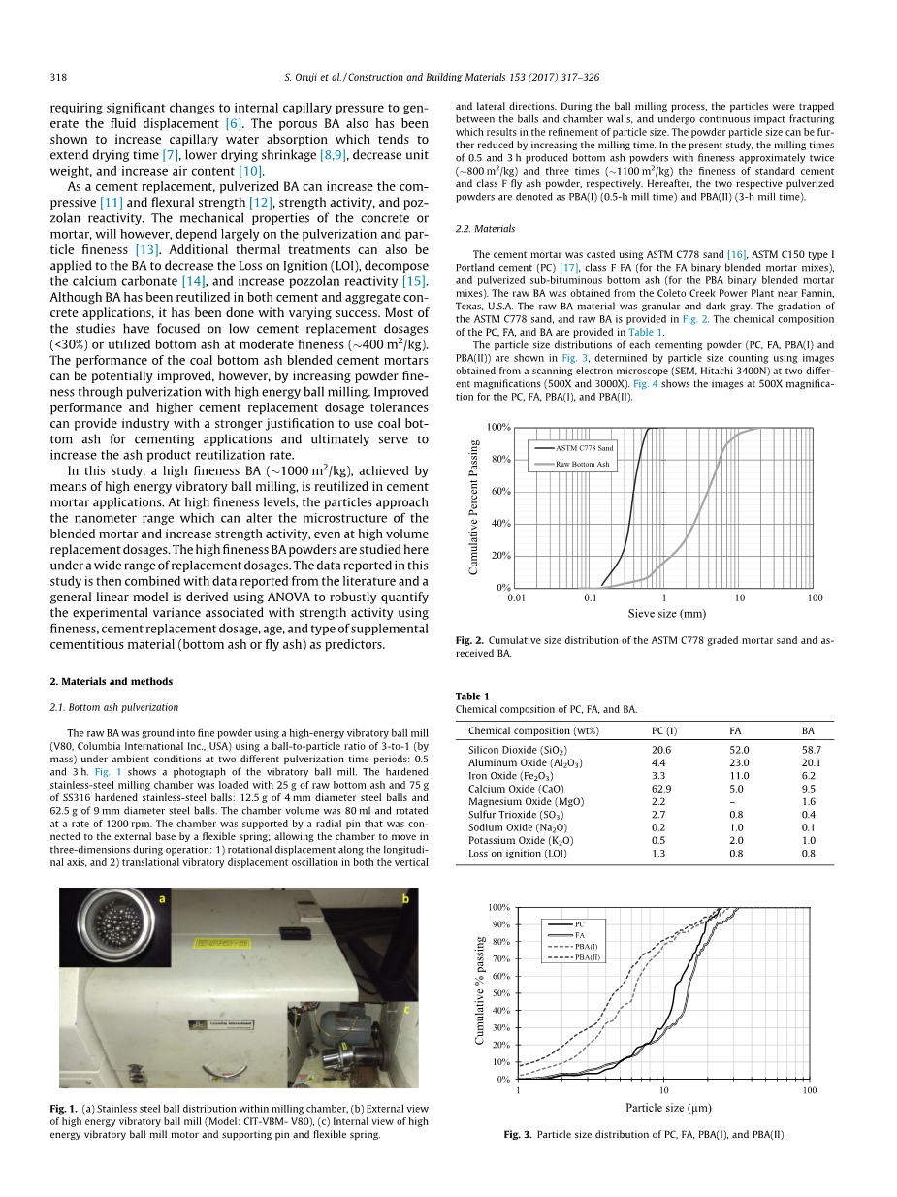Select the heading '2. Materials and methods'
(x=111, y=681)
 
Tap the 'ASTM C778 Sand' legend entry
(x=584, y=448)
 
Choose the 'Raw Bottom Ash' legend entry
(x=582, y=465)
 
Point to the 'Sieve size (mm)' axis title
(x=666, y=614)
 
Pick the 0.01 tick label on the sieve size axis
(x=516, y=598)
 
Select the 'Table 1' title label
(x=472, y=696)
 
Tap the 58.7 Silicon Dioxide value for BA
(x=811, y=750)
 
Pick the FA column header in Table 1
(x=736, y=730)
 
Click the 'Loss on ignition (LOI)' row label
(x=516, y=854)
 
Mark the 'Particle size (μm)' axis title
(x=668, y=1108)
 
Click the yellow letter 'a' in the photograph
(x=162, y=899)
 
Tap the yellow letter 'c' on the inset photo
(x=406, y=1009)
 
